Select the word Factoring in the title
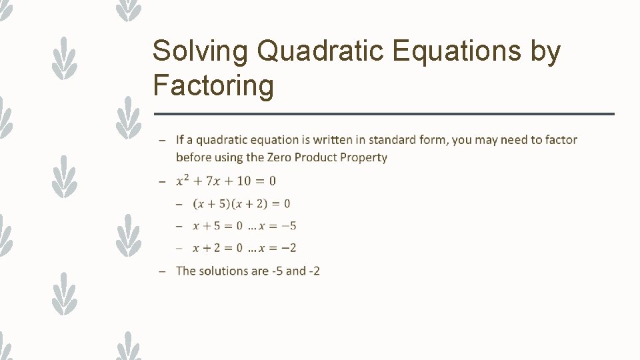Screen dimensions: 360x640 pyautogui.click(x=213, y=85)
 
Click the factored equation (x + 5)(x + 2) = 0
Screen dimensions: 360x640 pyautogui.click(x=241, y=203)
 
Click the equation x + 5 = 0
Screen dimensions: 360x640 pyautogui.click(x=217, y=226)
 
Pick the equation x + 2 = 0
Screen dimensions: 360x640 pyautogui.click(x=217, y=248)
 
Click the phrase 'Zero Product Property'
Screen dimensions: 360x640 pyautogui.click(x=327, y=157)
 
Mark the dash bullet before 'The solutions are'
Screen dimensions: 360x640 pyautogui.click(x=163, y=271)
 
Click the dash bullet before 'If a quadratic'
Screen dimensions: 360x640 pyautogui.click(x=163, y=141)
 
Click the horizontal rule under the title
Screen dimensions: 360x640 pyautogui.click(x=383, y=114)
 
